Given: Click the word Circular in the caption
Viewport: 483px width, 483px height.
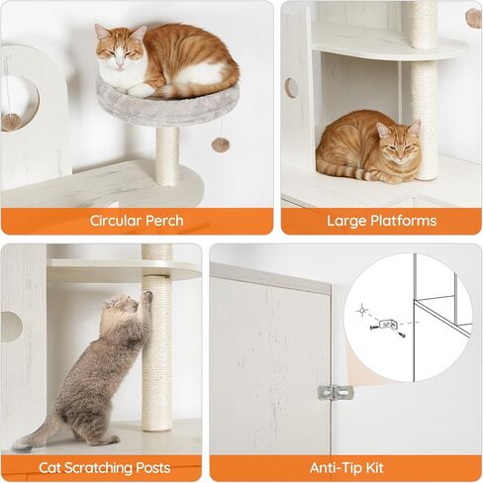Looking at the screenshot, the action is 115,221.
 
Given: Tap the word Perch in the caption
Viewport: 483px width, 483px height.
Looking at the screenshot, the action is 164,221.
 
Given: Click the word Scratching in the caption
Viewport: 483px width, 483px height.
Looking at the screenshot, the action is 104,468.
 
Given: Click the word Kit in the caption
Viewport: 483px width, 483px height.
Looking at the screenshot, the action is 375,468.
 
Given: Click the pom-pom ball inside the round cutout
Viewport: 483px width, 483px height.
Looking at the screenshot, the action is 11,122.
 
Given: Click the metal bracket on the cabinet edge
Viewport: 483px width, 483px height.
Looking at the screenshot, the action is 335,392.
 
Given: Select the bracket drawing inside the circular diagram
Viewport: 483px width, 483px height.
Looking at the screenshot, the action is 387,326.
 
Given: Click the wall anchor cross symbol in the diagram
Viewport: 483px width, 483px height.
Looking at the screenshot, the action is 362,311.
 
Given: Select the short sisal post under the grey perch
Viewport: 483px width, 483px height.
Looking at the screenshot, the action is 167,155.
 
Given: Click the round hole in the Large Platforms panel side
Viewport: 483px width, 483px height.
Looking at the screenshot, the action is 291,88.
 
